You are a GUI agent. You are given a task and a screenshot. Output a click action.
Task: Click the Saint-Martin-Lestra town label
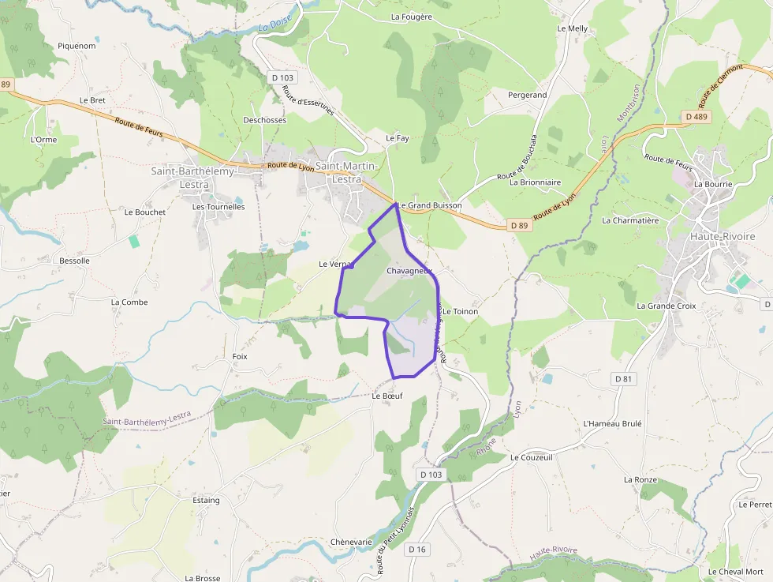click(348, 172)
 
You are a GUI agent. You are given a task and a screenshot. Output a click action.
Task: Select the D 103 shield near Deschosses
click(282, 77)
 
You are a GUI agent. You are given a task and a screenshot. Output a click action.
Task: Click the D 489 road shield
click(697, 117)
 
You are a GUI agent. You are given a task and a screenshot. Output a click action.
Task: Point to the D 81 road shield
click(623, 380)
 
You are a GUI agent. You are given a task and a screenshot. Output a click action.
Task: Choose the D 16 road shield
click(417, 550)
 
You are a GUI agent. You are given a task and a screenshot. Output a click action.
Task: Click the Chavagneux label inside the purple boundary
click(409, 271)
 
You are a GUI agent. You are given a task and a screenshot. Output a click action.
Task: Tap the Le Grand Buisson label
click(430, 205)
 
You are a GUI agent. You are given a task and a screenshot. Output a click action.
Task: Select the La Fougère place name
click(412, 17)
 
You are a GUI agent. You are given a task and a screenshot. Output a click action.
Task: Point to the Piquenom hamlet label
click(77, 46)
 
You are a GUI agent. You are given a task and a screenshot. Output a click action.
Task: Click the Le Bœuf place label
click(387, 396)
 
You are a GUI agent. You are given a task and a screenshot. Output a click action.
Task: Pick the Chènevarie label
click(351, 542)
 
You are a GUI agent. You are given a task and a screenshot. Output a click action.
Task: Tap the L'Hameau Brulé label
click(612, 423)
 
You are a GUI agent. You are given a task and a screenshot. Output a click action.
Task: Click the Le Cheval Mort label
click(735, 572)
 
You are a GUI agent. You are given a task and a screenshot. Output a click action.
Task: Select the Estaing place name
click(207, 500)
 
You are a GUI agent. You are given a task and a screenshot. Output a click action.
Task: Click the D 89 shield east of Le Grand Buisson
click(518, 225)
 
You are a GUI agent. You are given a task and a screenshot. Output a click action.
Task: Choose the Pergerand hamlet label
click(527, 95)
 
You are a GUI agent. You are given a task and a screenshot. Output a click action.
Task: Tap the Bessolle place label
click(75, 261)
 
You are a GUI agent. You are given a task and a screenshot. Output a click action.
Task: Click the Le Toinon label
click(461, 312)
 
